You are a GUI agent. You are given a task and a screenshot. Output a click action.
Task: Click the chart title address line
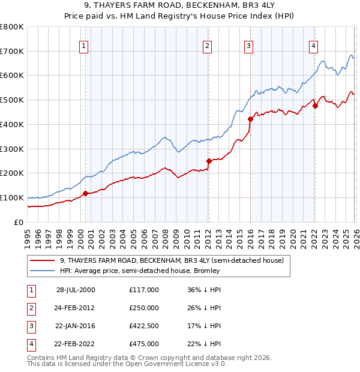(x=179, y=7)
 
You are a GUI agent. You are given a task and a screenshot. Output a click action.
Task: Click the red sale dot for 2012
(x=209, y=161)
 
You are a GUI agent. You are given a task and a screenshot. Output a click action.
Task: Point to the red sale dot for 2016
(x=250, y=119)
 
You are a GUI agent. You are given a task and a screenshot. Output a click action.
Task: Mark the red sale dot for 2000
(x=85, y=193)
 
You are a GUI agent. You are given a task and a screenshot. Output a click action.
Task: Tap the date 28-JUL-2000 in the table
(x=76, y=290)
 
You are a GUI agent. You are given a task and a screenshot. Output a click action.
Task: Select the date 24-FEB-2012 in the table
(x=76, y=308)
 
